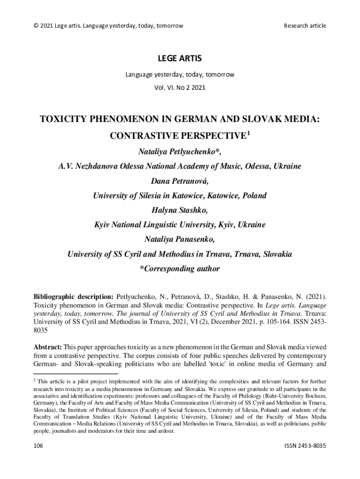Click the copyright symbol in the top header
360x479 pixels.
[x=36, y=25]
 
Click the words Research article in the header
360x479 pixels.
[x=305, y=25]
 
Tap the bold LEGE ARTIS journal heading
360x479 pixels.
[x=180, y=58]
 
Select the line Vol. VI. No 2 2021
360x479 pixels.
[x=180, y=87]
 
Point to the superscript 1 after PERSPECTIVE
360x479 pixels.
[x=249, y=134]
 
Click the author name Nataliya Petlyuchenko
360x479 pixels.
[x=178, y=152]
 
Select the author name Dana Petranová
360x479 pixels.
[x=180, y=181]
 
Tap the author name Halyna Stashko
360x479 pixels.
[x=180, y=210]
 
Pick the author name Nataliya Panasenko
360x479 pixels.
[x=180, y=239]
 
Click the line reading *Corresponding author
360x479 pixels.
[x=180, y=269]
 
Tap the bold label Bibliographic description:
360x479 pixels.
[x=73, y=297]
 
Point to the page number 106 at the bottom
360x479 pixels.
[x=38, y=446]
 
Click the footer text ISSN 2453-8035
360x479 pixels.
[x=305, y=446]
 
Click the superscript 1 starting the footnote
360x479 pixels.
[x=35, y=380]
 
